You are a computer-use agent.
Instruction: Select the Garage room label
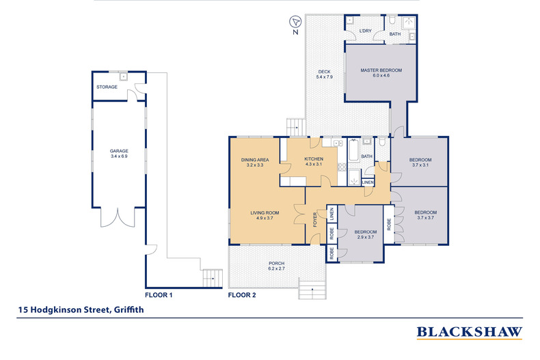click(x=119, y=154)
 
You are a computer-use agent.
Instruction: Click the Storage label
click(x=107, y=87)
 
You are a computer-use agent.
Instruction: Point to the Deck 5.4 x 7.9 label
click(x=325, y=74)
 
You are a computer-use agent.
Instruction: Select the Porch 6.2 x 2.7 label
click(x=277, y=266)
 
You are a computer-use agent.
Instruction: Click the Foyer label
click(x=314, y=219)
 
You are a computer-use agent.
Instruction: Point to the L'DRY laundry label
click(x=366, y=31)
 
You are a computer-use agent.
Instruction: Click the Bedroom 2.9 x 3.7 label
click(x=366, y=234)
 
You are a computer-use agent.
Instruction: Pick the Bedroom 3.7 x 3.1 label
click(x=420, y=162)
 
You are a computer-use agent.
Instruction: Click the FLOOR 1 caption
click(x=159, y=295)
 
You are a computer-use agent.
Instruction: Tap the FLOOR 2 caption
click(x=242, y=295)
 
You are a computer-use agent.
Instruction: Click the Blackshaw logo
click(x=470, y=332)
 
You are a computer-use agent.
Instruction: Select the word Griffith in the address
click(x=129, y=309)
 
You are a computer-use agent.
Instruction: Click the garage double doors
click(x=118, y=217)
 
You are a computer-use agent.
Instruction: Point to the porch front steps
click(x=312, y=290)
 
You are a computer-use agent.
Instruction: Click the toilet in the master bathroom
click(x=392, y=20)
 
